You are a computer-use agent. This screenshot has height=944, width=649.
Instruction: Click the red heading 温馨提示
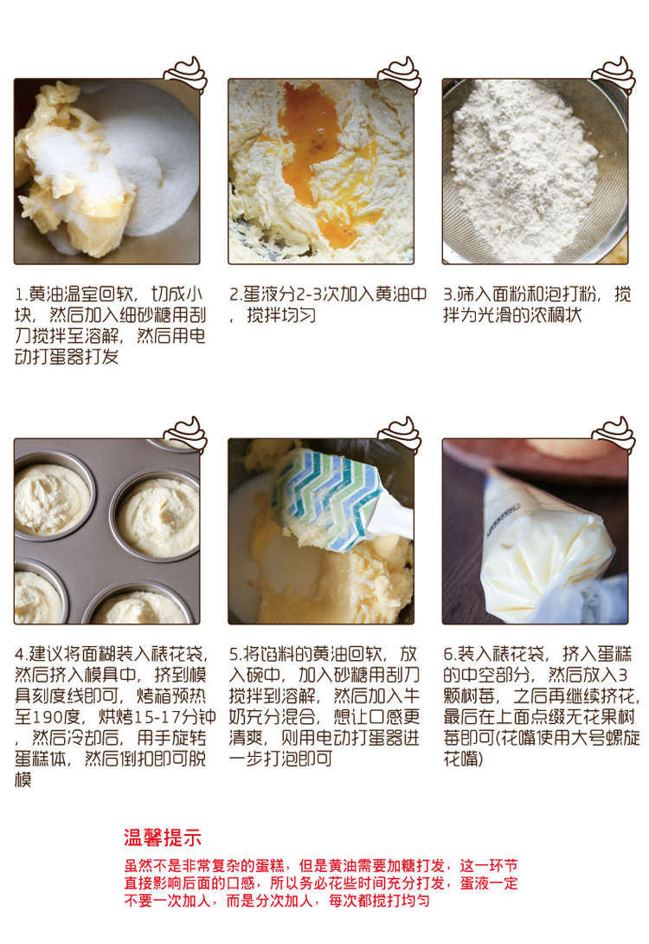tap(163, 837)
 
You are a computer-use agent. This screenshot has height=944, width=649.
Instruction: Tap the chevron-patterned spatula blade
tap(324, 499)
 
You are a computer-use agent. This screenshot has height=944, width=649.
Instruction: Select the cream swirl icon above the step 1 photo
tap(186, 74)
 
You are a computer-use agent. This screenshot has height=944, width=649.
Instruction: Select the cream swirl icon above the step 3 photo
tap(614, 74)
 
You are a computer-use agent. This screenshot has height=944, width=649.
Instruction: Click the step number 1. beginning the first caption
tap(21, 294)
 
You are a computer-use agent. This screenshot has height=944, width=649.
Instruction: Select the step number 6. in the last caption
tap(450, 655)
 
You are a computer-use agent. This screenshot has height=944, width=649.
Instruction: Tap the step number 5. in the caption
tap(235, 655)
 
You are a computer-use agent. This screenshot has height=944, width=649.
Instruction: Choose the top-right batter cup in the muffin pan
tap(157, 516)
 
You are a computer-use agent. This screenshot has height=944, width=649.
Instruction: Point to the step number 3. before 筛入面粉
tap(449, 294)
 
